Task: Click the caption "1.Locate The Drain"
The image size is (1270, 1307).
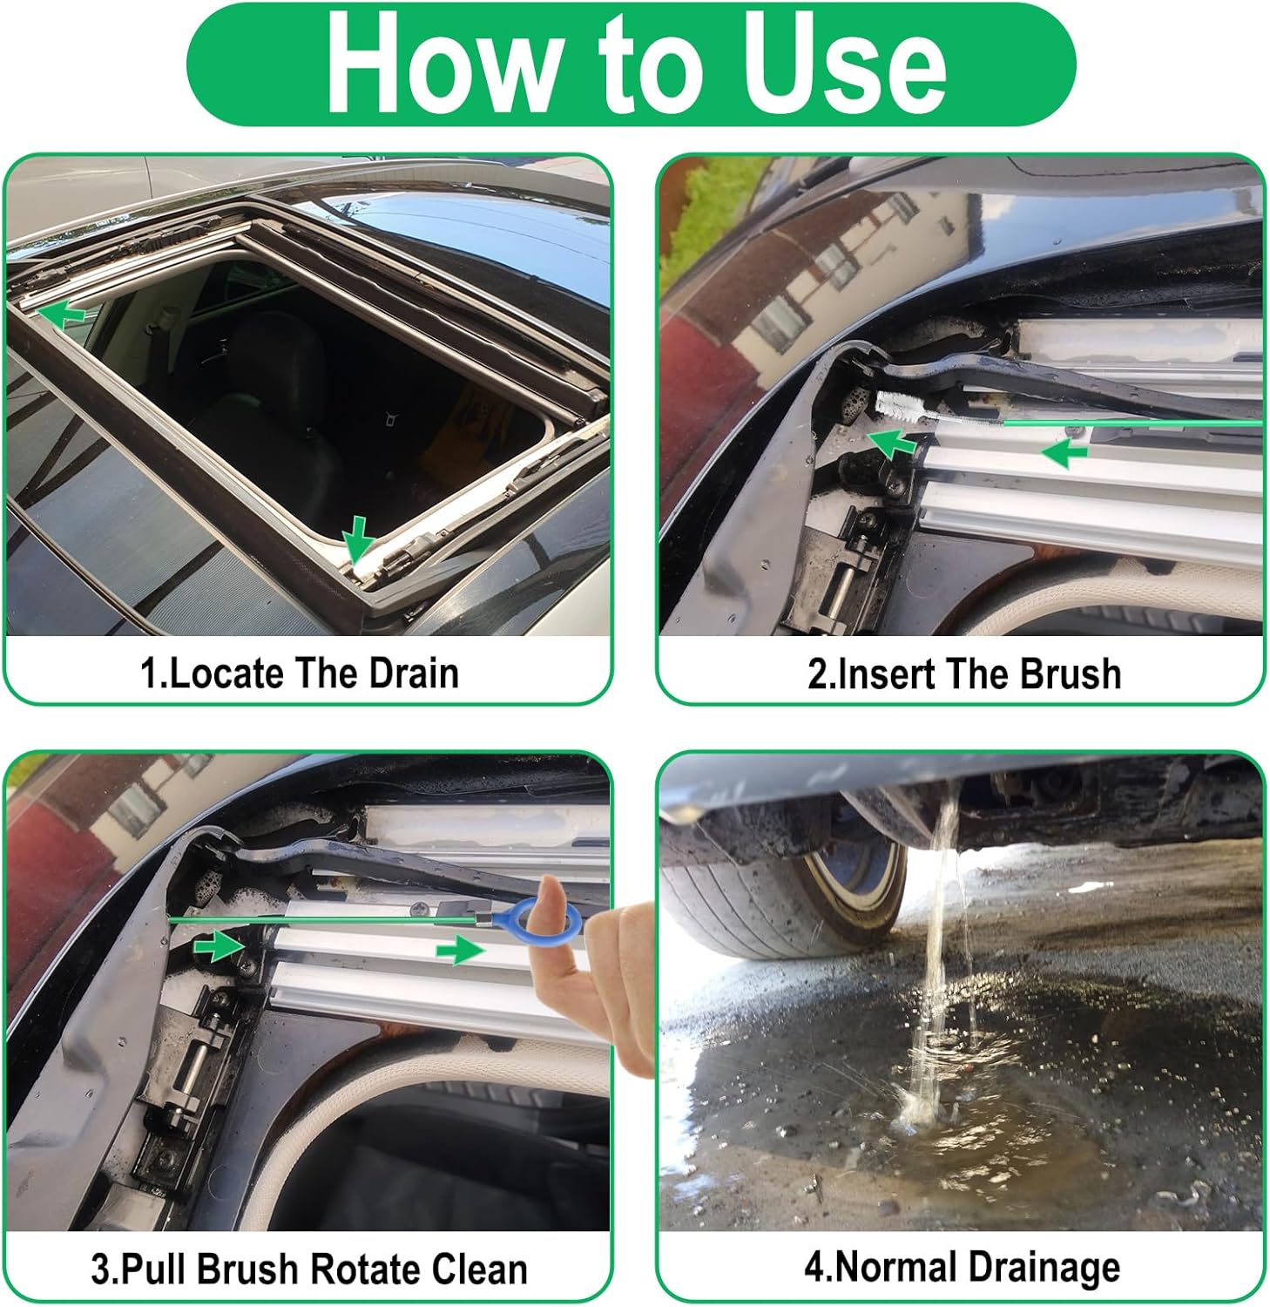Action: [300, 674]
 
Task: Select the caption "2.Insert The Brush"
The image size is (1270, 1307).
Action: [963, 674]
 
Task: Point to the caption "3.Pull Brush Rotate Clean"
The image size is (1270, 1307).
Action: [309, 1269]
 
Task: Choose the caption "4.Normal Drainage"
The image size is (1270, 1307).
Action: [962, 1267]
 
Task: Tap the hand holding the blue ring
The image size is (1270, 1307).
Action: [610, 976]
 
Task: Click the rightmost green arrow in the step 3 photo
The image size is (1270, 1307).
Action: [459, 951]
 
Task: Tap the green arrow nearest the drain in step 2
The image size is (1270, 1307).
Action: [894, 443]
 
